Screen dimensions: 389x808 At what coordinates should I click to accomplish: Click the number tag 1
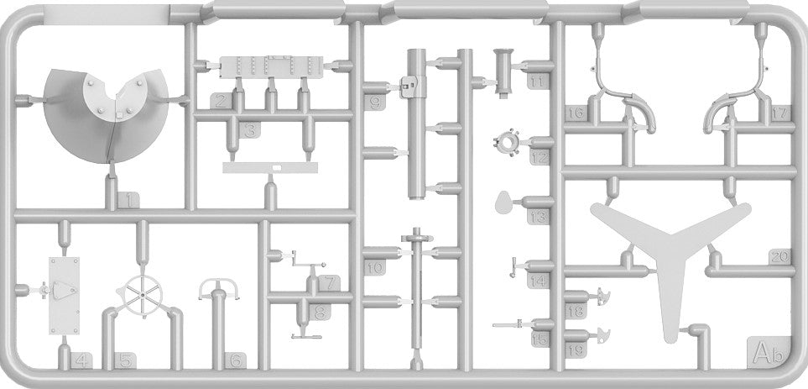127,200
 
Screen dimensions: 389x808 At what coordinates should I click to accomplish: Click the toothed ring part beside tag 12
508,144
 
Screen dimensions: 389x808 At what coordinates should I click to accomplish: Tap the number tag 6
237,361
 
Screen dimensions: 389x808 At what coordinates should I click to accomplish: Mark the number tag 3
250,129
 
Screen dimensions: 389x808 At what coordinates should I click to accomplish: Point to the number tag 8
319,313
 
